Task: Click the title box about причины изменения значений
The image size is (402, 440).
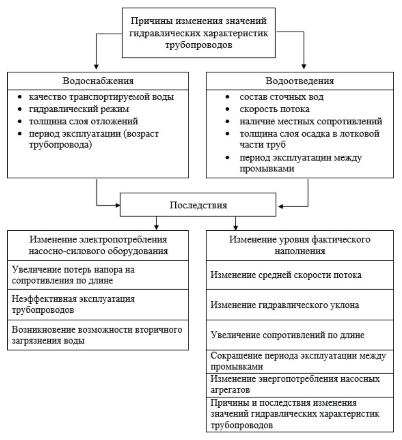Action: pos(199,33)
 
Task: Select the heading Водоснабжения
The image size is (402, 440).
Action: pos(98,81)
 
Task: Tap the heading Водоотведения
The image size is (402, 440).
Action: pos(300,81)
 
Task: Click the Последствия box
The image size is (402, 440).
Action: pos(198,206)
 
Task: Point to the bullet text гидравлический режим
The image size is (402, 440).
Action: pos(79,109)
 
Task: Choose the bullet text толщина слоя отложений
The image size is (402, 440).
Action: pos(83,121)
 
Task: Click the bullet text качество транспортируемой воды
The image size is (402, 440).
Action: pos(101,97)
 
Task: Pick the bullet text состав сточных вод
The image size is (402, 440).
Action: pos(281,97)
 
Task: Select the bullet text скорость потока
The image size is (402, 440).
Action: pos(275,109)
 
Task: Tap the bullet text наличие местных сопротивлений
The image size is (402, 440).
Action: pos(311,121)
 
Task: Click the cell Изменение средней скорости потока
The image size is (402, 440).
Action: pos(286,275)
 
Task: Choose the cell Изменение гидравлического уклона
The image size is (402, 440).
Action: pos(285,305)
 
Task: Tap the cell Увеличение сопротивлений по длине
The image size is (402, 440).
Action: pos(287,335)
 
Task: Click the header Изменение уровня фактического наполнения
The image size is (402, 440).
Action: pos(300,245)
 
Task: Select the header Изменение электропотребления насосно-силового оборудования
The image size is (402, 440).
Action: pos(98,245)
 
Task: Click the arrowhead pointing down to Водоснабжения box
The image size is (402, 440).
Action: pos(96,66)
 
